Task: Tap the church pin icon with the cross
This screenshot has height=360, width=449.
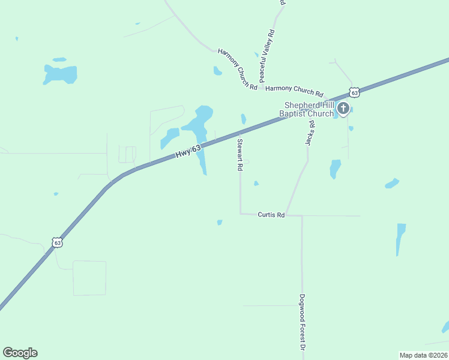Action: (x=343, y=109)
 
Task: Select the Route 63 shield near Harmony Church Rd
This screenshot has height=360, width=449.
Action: (x=355, y=92)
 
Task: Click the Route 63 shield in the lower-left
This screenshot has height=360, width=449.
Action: (x=57, y=242)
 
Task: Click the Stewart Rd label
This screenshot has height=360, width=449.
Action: (x=240, y=155)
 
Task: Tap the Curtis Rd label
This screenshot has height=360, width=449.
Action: (x=271, y=214)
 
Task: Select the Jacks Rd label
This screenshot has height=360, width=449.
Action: (x=310, y=133)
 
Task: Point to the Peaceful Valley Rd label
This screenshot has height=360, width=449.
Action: (x=267, y=56)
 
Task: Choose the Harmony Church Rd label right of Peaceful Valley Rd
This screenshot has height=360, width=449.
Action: (x=294, y=91)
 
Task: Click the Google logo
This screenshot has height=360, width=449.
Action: (x=20, y=353)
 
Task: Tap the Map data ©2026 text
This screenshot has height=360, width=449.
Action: (x=423, y=355)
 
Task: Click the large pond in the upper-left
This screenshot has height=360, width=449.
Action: (x=60, y=74)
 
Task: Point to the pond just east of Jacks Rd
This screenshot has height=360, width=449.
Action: (x=335, y=169)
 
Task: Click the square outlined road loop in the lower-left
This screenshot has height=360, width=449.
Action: (x=89, y=278)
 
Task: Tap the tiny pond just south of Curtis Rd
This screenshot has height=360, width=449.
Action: (x=220, y=223)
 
